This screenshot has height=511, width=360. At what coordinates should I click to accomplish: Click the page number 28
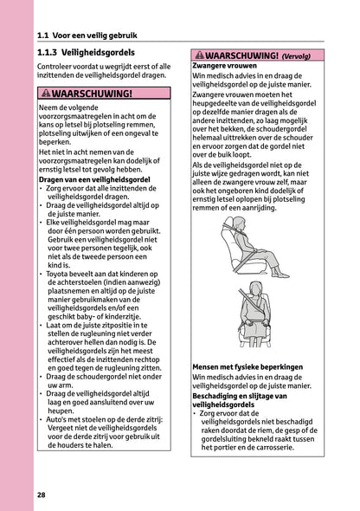(42, 495)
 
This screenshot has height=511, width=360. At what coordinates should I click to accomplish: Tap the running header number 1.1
(46, 36)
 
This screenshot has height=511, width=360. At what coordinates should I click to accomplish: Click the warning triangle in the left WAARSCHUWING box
(46, 94)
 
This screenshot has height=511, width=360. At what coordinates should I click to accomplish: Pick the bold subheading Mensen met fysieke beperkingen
(247, 367)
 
